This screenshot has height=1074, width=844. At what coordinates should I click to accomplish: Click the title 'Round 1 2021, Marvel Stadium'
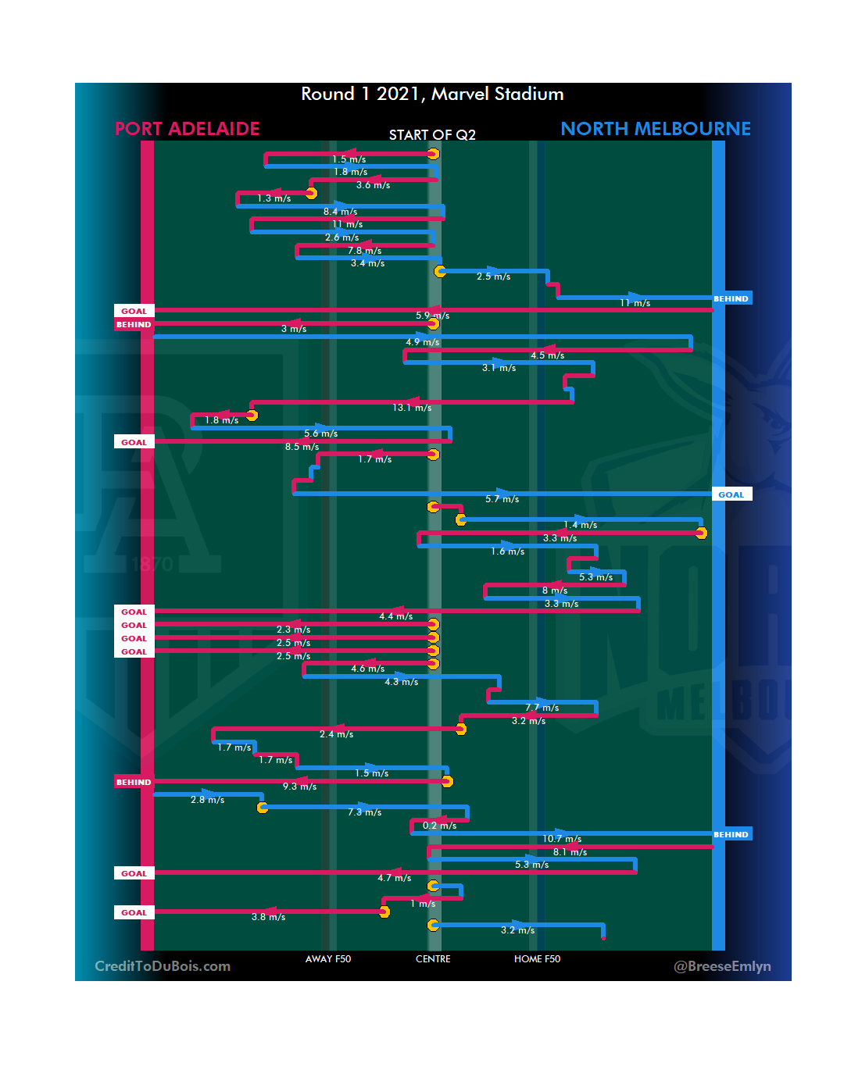432,95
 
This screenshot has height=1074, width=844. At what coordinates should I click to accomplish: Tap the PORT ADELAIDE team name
187,129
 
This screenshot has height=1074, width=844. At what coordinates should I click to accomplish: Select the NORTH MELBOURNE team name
655,129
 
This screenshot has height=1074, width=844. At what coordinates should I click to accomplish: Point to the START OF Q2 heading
432,135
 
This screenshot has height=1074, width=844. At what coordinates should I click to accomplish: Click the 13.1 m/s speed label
412,408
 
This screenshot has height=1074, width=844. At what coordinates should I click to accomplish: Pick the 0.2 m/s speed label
439,826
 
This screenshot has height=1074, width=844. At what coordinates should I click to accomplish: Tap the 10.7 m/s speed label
562,839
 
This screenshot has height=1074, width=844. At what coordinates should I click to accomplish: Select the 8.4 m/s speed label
340,212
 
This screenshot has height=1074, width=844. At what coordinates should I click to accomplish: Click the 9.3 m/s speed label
299,787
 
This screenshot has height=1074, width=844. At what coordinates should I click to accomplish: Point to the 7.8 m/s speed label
364,251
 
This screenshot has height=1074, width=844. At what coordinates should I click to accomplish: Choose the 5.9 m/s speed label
432,316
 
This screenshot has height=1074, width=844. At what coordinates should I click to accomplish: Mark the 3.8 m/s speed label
268,917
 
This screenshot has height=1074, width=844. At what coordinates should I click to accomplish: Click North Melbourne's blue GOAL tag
731,494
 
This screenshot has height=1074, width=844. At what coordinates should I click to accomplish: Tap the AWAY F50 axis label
328,959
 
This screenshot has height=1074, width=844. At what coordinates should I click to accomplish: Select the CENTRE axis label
433,959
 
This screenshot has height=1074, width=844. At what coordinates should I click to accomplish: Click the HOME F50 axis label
537,959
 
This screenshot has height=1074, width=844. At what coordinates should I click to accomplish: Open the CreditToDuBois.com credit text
163,966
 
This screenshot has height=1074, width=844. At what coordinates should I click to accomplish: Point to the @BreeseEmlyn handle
722,966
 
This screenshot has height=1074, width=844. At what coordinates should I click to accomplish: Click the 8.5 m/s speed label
302,447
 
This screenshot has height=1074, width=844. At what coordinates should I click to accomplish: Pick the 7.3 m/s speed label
364,812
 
